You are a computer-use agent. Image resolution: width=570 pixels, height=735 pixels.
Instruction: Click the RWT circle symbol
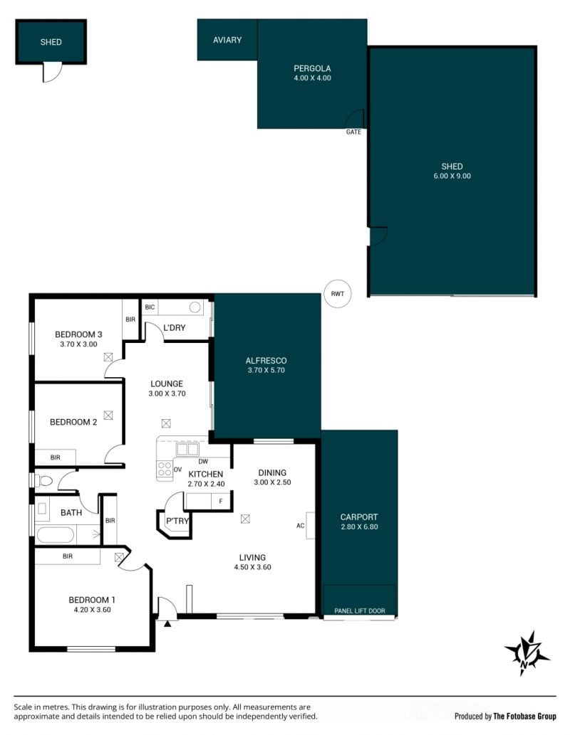click(x=338, y=294)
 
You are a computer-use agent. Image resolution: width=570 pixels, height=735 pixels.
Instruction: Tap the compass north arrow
click(x=527, y=653)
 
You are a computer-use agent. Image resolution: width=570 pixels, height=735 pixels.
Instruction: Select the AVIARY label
click(x=227, y=41)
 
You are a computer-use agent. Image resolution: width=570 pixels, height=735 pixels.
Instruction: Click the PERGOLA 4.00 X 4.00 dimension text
click(x=312, y=78)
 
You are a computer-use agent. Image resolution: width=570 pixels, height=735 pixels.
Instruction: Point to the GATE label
click(x=353, y=132)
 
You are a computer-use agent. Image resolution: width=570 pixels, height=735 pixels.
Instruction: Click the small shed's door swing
click(x=52, y=72)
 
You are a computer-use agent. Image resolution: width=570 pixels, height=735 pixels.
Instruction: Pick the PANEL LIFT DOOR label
click(x=360, y=610)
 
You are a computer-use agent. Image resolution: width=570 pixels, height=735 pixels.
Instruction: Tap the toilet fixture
click(x=43, y=480)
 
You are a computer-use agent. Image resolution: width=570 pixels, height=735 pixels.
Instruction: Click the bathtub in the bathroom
click(x=56, y=535)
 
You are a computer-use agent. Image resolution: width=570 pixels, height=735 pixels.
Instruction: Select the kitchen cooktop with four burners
click(x=165, y=469)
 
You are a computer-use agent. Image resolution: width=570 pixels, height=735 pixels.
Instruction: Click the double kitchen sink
click(x=187, y=449)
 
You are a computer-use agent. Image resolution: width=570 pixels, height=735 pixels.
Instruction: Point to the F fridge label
click(x=221, y=502)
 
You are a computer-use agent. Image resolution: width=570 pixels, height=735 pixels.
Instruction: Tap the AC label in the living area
click(x=301, y=526)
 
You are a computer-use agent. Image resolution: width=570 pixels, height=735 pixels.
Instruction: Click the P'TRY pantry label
click(x=177, y=521)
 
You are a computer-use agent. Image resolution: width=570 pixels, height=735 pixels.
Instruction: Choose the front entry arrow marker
click(x=167, y=623)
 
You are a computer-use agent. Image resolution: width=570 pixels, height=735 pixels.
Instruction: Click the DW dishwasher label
click(x=203, y=461)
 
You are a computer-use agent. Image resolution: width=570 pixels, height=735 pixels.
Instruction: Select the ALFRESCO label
click(x=266, y=361)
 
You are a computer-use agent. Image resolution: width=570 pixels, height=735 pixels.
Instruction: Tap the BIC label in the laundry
click(x=150, y=307)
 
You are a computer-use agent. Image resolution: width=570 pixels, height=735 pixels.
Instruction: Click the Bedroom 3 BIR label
click(x=130, y=319)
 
